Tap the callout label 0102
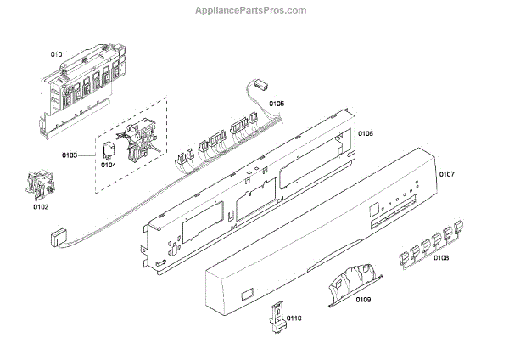tap(41, 206)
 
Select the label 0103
tap(71, 155)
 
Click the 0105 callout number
tap(277, 104)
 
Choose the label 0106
tap(366, 133)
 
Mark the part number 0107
tap(447, 175)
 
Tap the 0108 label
tap(441, 257)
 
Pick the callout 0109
tap(363, 300)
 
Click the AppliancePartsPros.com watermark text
tap(254, 10)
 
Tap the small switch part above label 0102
tap(36, 186)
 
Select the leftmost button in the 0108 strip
tap(405, 252)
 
